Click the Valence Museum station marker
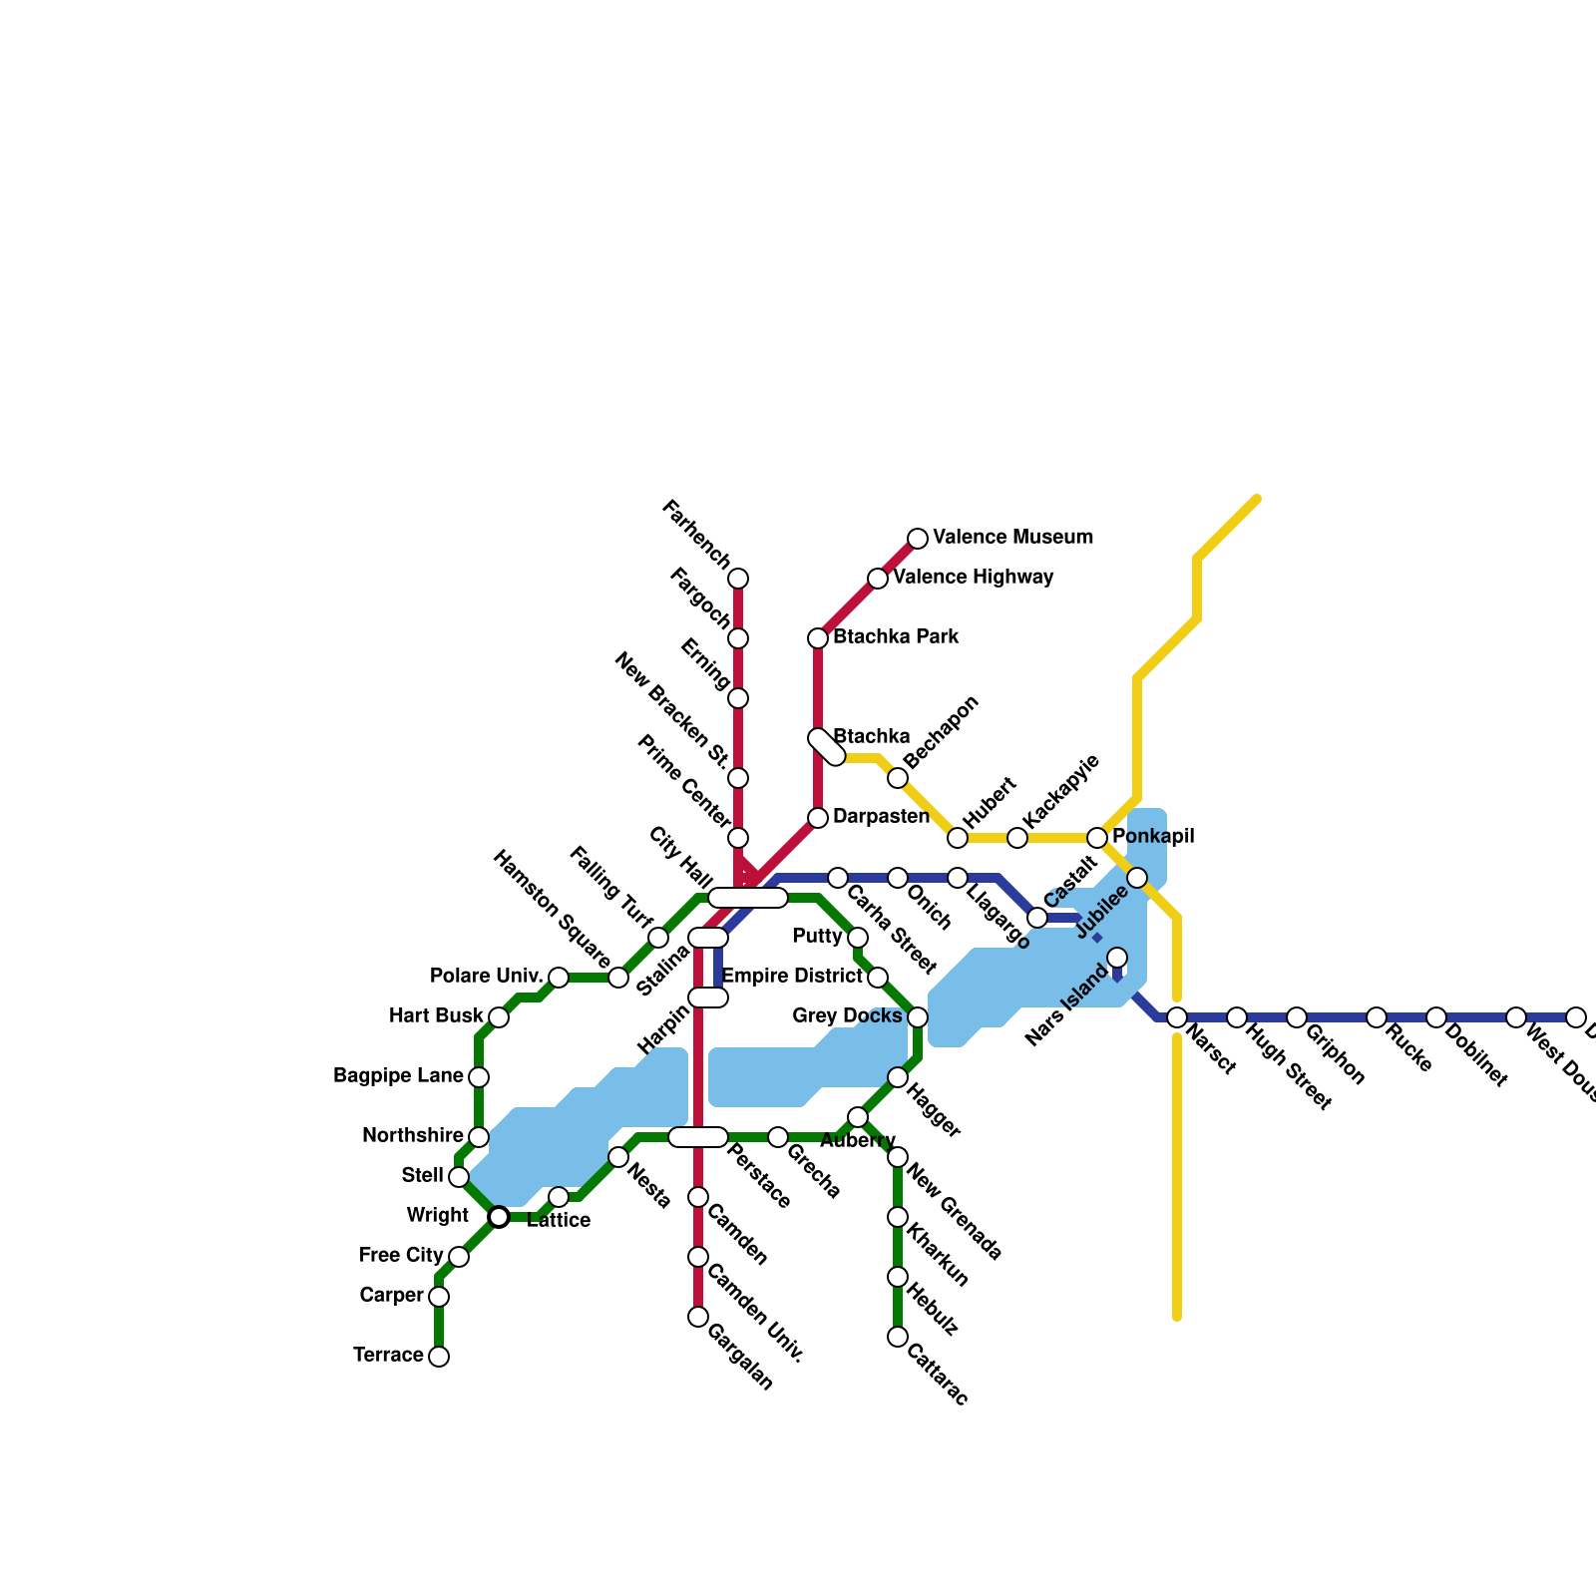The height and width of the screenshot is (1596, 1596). coord(918,539)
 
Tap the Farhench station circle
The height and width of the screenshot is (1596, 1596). coord(738,579)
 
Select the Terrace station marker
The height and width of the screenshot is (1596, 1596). coord(439,1357)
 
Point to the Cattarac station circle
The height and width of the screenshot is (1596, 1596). coord(898,1337)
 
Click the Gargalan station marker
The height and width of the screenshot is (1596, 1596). coord(698,1317)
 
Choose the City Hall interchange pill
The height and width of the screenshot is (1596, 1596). coord(748,898)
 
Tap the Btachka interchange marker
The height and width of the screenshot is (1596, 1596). coord(827,747)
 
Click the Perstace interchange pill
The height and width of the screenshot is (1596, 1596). coord(698,1137)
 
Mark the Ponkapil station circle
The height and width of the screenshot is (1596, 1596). coord(1097,838)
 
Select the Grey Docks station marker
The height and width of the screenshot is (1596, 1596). coord(918,1017)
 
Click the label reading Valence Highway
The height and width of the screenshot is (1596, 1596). coord(973,578)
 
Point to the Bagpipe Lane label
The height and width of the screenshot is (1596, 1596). coord(398,1076)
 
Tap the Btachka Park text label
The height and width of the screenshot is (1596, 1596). coord(896,637)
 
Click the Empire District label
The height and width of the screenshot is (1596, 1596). coord(792,976)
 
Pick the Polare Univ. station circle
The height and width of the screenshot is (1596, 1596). coord(559,978)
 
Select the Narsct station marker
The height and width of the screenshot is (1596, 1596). coord(1177,1017)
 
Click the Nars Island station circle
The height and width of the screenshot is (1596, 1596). coord(1117,958)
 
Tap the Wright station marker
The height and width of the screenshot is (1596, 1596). coord(499,1217)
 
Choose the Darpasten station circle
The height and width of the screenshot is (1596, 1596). coord(818,818)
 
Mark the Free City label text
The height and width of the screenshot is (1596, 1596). coord(401,1256)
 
